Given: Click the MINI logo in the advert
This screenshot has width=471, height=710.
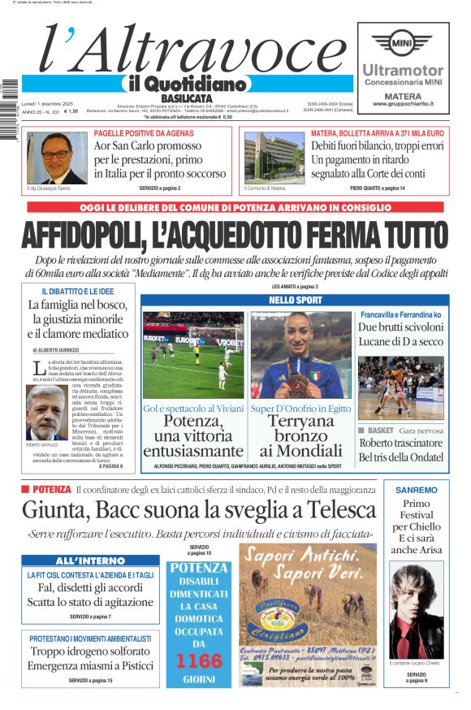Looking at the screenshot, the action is (401, 42).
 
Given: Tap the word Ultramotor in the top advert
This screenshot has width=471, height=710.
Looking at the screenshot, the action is (403, 71).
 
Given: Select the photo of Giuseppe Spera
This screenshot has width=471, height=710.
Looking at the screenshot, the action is (57, 158).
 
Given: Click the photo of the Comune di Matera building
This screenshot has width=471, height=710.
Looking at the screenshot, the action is (274, 158).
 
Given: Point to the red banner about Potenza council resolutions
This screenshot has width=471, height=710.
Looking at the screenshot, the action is (235, 208).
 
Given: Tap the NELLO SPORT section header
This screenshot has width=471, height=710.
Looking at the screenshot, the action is (295, 301).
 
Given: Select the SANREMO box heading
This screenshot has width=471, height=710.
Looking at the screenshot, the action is (416, 490).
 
